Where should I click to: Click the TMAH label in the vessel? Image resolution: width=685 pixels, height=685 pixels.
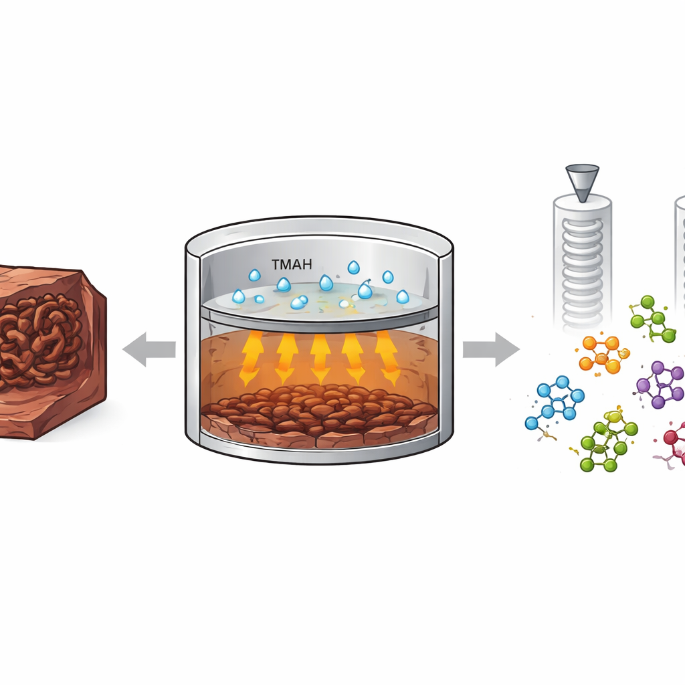click(x=292, y=264)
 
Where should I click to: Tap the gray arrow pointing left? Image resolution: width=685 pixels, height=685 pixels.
click(x=149, y=349)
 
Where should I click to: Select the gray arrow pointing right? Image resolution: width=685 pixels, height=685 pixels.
click(x=492, y=349)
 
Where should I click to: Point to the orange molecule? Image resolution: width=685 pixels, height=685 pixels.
click(x=603, y=355)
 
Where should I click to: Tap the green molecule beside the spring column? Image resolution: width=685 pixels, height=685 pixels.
click(x=652, y=320)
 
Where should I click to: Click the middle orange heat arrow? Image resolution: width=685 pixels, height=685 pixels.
click(x=320, y=359)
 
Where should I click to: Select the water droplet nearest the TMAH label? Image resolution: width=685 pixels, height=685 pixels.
click(x=284, y=285)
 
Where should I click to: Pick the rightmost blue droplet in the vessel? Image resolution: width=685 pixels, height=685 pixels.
click(x=402, y=297)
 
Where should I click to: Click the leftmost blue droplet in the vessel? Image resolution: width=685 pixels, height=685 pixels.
click(x=239, y=296)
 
